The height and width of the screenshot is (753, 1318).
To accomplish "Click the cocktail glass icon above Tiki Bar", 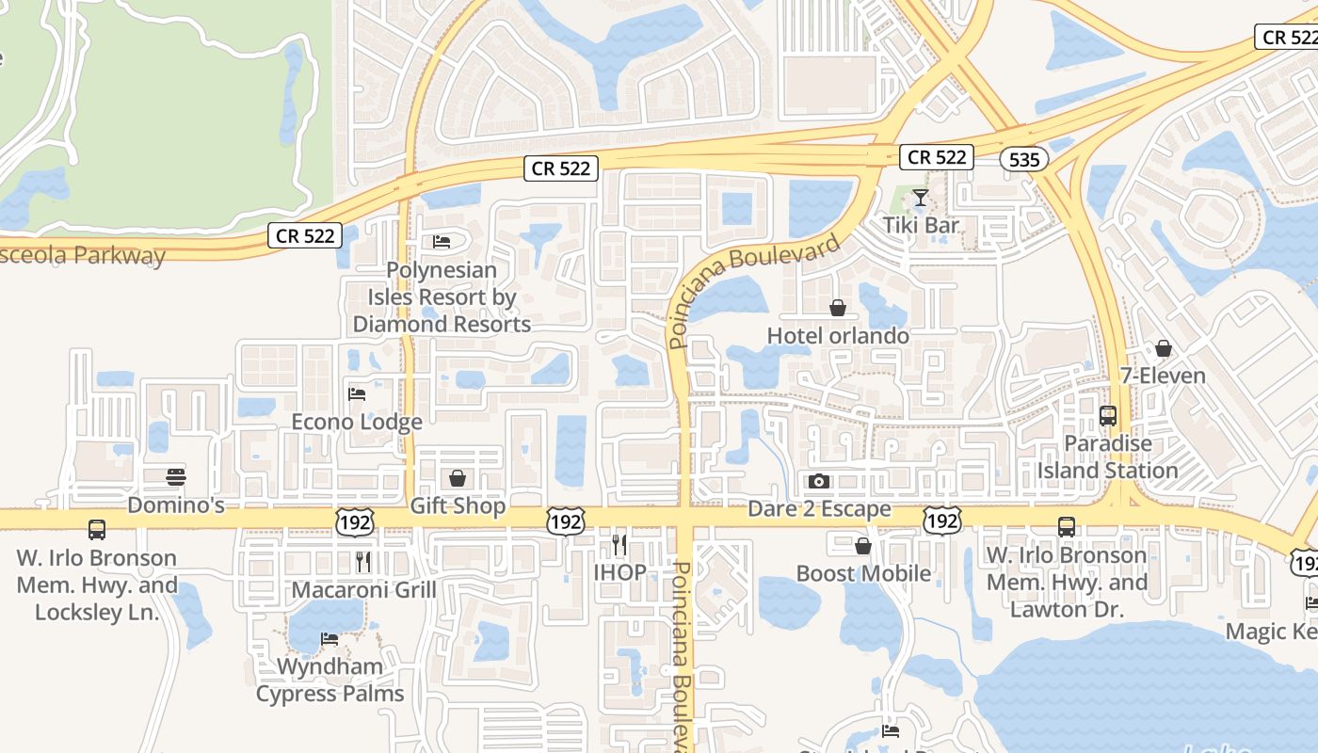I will (920, 198).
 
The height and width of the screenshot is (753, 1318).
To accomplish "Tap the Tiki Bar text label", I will (920, 225).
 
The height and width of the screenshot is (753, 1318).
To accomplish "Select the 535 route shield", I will (1023, 159).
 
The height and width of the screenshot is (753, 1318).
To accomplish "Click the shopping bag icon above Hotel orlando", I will (837, 308).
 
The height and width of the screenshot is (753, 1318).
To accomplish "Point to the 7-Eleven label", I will (1163, 376).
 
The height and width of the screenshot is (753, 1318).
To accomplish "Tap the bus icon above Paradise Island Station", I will (1108, 415).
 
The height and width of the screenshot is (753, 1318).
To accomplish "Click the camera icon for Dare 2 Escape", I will (819, 482).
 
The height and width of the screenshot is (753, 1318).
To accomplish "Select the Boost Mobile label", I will (863, 573).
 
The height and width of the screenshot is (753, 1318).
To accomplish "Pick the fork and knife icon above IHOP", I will (619, 544).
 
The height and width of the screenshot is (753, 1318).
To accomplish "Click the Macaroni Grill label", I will (363, 590).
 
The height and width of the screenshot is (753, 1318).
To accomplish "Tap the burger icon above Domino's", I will (175, 477).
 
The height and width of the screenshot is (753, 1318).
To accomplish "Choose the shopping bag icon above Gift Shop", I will (458, 478).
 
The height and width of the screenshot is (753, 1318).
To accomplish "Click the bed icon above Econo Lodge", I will (357, 393).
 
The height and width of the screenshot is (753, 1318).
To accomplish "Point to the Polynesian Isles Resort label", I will (442, 296).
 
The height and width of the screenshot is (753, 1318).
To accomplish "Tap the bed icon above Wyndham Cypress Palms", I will (329, 638).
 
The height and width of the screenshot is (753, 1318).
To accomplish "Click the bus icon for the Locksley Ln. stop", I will (96, 529).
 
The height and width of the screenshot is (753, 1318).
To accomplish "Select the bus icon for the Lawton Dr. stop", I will (1066, 527).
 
